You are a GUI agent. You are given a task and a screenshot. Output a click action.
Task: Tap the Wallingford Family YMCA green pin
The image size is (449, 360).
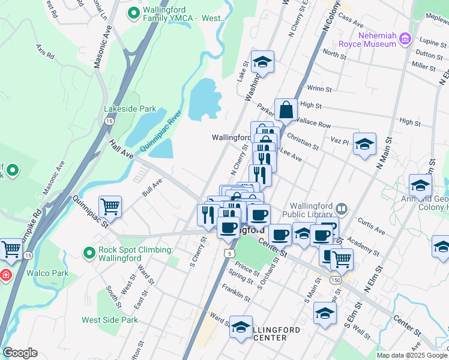[x=134, y=11]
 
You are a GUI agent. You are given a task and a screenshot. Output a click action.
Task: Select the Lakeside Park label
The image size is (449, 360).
[x=130, y=109]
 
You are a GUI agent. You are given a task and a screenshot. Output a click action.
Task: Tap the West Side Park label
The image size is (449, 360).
[x=110, y=320]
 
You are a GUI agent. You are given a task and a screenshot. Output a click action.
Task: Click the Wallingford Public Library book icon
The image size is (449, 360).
[x=342, y=209]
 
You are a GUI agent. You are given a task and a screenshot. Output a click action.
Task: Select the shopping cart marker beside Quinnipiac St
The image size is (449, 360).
[x=110, y=207]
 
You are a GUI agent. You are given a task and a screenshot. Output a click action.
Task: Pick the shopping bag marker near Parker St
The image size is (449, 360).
[x=286, y=110]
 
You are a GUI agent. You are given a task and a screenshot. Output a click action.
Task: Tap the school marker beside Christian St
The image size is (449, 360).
[x=364, y=144]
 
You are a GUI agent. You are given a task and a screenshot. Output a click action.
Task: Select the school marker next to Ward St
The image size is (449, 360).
[x=241, y=327]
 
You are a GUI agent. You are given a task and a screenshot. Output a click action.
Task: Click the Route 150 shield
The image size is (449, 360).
[x=335, y=280]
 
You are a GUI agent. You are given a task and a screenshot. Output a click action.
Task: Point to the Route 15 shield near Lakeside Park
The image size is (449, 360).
[x=109, y=121]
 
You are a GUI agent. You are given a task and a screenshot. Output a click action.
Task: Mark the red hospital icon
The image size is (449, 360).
[x=5, y=275]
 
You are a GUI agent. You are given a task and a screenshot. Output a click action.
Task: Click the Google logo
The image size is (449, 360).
[x=20, y=353]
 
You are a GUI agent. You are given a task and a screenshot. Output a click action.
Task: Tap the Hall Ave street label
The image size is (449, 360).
[x=121, y=150]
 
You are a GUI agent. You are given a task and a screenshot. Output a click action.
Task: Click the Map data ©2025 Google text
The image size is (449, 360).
[x=411, y=355]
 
